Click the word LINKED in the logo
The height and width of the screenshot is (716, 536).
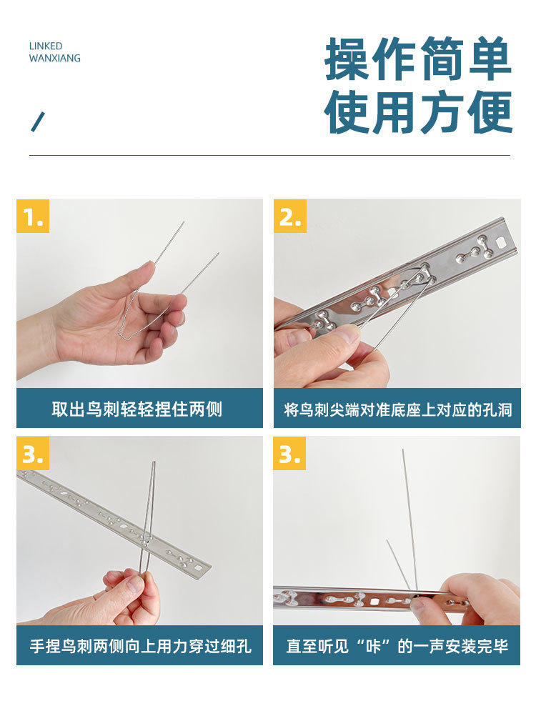46,46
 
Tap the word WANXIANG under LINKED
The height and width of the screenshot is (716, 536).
55,58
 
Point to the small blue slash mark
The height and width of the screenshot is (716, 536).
37,121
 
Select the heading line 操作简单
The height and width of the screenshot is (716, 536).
418,59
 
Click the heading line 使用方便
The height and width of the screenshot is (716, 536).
418,112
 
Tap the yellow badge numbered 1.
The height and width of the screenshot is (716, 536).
33,216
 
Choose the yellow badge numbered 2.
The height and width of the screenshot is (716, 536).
290,216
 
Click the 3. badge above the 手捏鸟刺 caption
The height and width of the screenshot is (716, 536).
33,453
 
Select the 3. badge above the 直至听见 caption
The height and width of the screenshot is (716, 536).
289,453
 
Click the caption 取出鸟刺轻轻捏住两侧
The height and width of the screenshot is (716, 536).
137,409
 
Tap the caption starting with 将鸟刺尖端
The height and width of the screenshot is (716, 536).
397,409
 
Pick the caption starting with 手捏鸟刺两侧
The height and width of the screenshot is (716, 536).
140,646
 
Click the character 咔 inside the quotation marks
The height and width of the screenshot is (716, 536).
373,646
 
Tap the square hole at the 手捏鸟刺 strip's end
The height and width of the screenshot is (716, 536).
199,568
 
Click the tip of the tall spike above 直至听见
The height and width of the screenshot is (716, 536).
402,449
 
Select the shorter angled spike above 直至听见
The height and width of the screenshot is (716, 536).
399,565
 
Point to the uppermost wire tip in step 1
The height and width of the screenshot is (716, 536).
184,222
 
